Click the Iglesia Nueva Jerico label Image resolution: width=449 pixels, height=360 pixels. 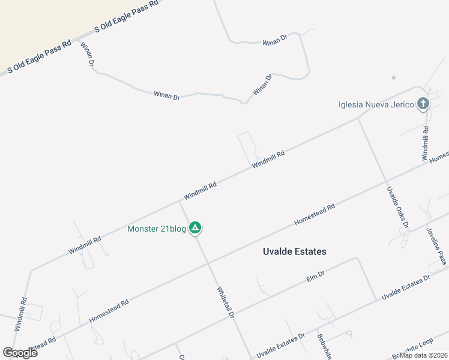376,104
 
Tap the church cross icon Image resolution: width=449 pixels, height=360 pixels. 423,104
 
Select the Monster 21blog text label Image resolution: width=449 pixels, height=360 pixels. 157,228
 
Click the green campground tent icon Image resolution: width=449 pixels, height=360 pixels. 195,228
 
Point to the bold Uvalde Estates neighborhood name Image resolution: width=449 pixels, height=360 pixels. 295,251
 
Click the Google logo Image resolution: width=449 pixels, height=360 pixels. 20,353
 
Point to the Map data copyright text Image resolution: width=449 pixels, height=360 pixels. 424,355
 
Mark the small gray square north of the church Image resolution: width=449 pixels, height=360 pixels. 394,77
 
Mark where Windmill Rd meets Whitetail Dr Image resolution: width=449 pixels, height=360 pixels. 179,202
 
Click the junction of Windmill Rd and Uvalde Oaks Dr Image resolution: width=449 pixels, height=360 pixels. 359,118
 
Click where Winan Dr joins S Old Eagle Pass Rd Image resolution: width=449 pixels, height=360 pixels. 82,43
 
